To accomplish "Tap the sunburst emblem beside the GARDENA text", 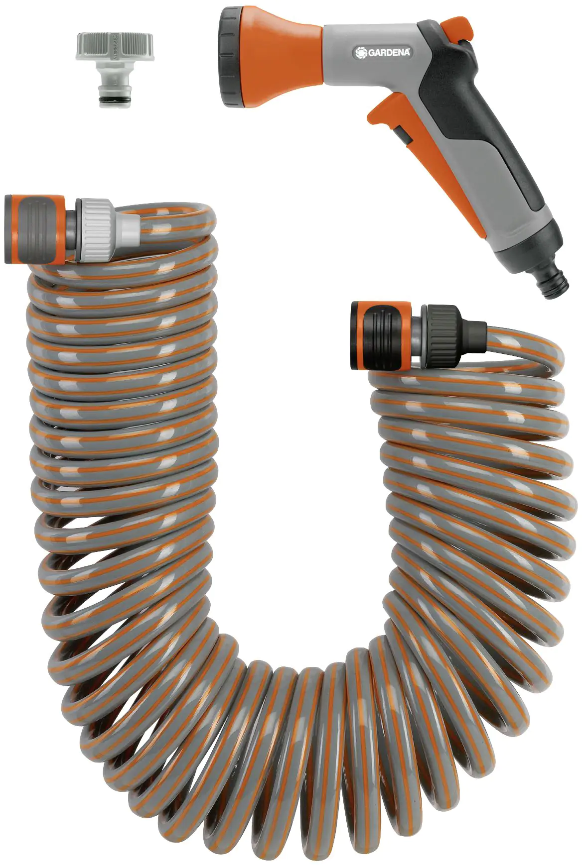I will tap(361, 53).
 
